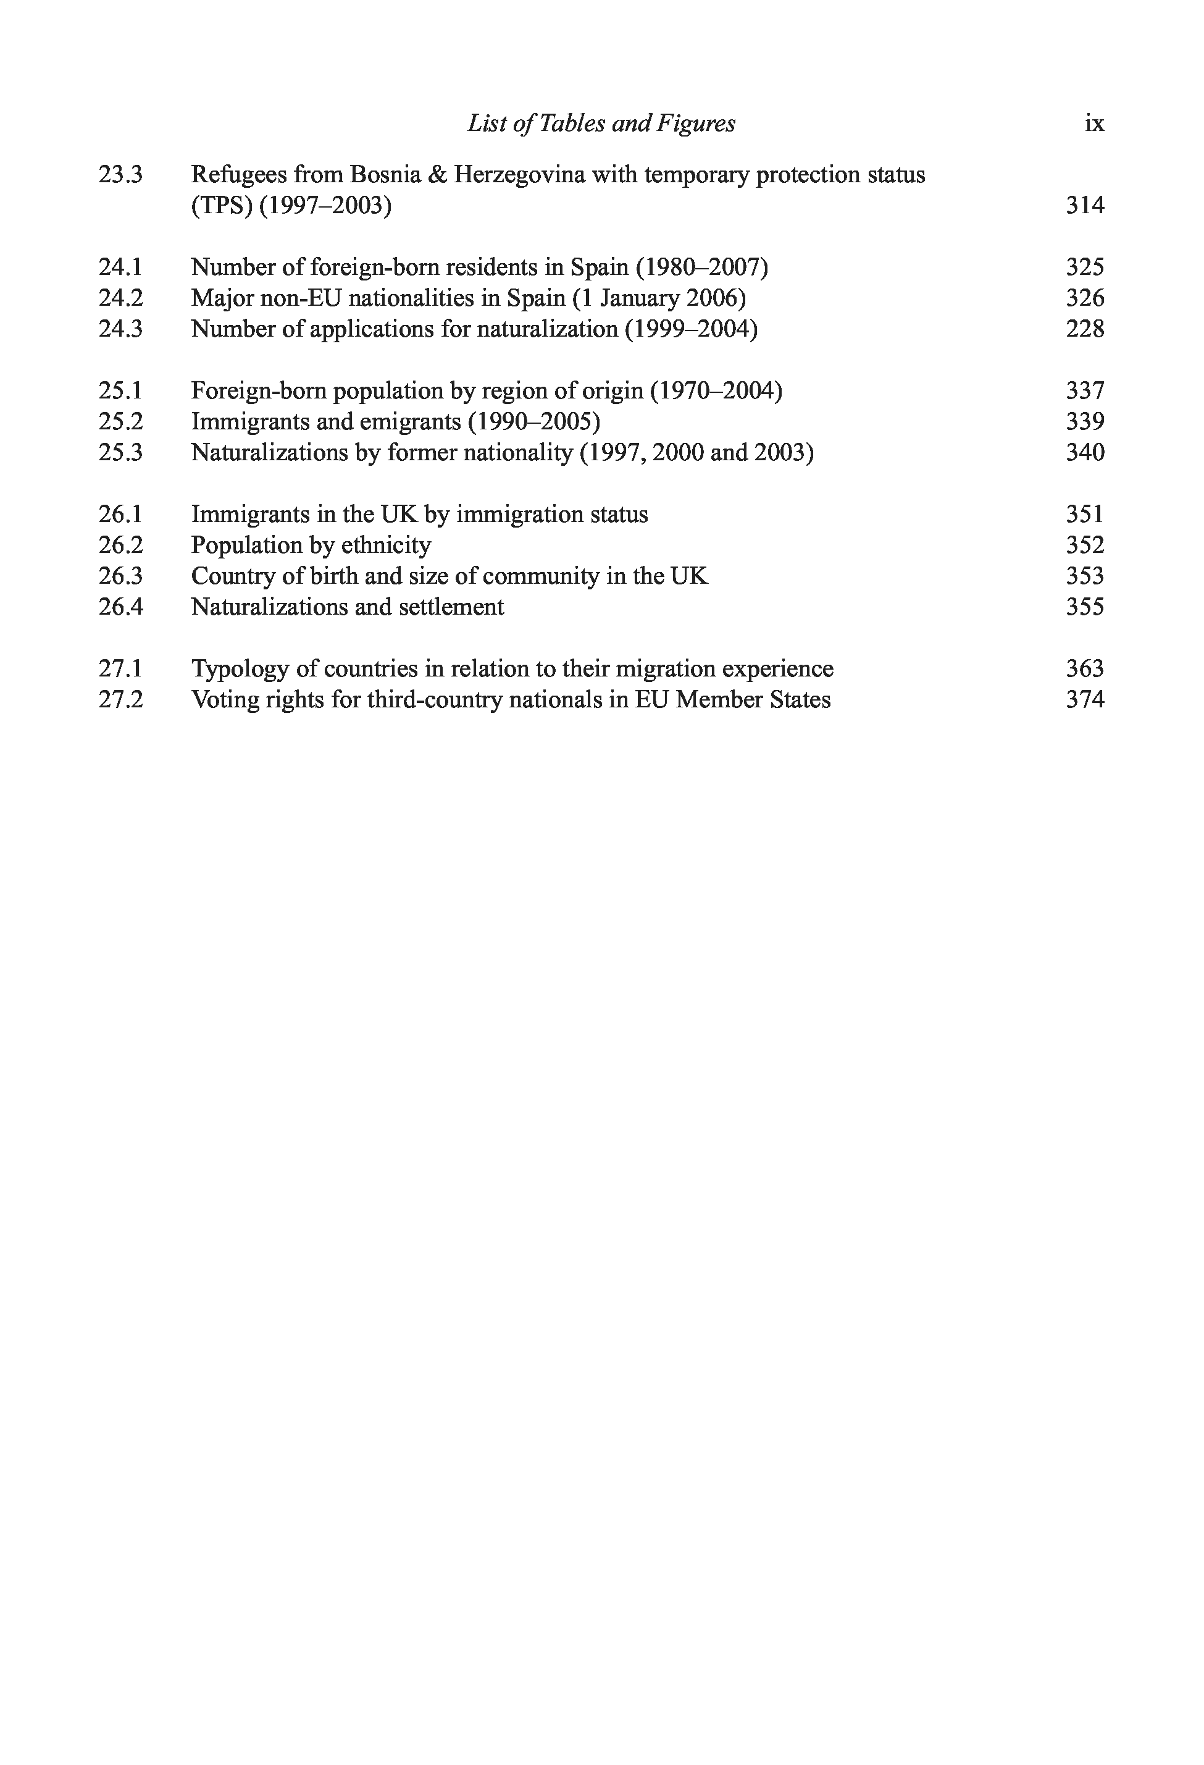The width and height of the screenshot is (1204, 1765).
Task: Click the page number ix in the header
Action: [1094, 123]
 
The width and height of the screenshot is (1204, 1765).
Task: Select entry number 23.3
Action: [120, 175]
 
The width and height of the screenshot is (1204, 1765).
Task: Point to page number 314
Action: [1085, 205]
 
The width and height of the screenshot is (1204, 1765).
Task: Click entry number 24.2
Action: [120, 298]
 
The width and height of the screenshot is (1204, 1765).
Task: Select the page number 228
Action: [1085, 329]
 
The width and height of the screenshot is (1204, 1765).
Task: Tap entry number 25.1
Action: [120, 390]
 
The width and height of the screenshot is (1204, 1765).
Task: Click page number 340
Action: [1085, 453]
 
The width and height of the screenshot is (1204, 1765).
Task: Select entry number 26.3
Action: [120, 576]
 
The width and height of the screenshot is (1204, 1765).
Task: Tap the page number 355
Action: [1085, 607]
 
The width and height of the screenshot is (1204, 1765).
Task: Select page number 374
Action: [1085, 699]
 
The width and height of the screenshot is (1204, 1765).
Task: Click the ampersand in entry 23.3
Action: [437, 175]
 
